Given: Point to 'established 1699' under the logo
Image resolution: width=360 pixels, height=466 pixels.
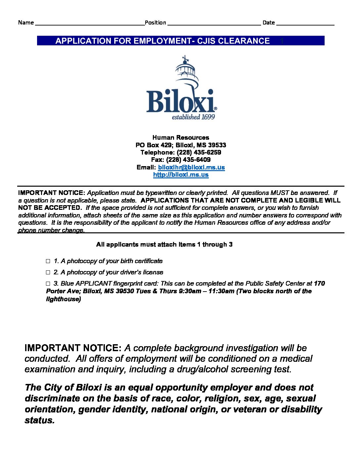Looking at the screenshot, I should [x=193, y=117].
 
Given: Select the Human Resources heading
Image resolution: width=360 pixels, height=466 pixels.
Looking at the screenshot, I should [x=181, y=137].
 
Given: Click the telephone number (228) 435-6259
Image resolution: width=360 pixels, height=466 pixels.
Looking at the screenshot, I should [x=199, y=152].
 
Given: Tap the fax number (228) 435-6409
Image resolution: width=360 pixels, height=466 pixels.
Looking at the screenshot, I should [x=188, y=160].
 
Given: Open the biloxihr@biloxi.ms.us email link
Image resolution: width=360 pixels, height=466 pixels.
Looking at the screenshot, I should [x=191, y=167].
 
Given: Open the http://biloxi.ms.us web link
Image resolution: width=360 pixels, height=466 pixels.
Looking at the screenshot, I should [x=181, y=175].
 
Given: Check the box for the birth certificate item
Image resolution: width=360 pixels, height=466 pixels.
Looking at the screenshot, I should [x=48, y=261].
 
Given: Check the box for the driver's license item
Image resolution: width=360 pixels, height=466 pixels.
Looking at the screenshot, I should [x=48, y=272].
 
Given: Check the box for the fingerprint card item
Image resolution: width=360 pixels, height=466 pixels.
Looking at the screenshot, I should [x=48, y=284].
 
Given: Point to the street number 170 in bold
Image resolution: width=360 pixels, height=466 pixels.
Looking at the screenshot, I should [x=319, y=283].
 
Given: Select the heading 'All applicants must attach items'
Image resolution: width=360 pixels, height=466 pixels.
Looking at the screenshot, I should [x=164, y=245].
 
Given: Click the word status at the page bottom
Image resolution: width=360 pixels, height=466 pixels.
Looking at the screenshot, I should [x=39, y=420].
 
